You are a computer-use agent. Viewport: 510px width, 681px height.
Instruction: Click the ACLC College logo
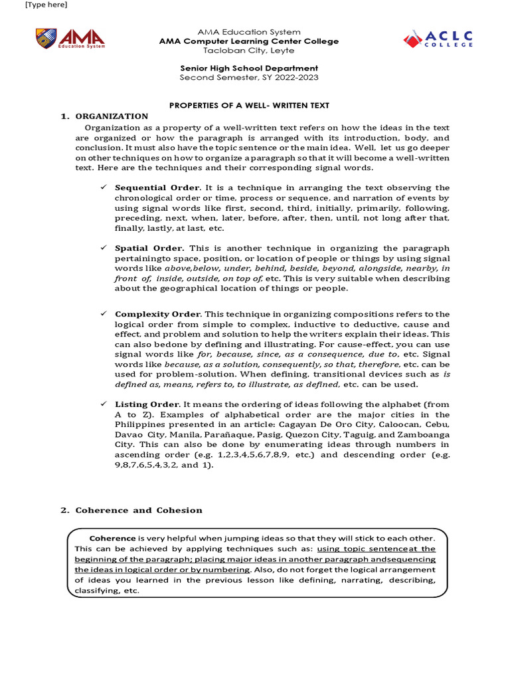[x=438, y=39]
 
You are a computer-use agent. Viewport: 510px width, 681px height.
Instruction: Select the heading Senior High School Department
[x=249, y=68]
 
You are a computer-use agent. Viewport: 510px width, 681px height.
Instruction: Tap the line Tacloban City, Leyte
[x=249, y=51]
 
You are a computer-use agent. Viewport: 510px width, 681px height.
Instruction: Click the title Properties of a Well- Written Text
[x=249, y=106]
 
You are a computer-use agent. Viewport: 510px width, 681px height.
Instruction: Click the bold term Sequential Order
[x=157, y=188]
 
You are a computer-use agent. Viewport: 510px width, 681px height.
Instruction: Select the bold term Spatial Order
[x=149, y=248]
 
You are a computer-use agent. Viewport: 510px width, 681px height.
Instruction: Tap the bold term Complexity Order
[x=157, y=313]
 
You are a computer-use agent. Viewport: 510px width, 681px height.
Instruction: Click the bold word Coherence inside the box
[x=112, y=537]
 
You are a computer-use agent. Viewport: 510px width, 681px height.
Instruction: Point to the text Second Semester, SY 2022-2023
[x=249, y=77]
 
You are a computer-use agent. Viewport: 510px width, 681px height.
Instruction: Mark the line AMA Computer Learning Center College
[x=249, y=41]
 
